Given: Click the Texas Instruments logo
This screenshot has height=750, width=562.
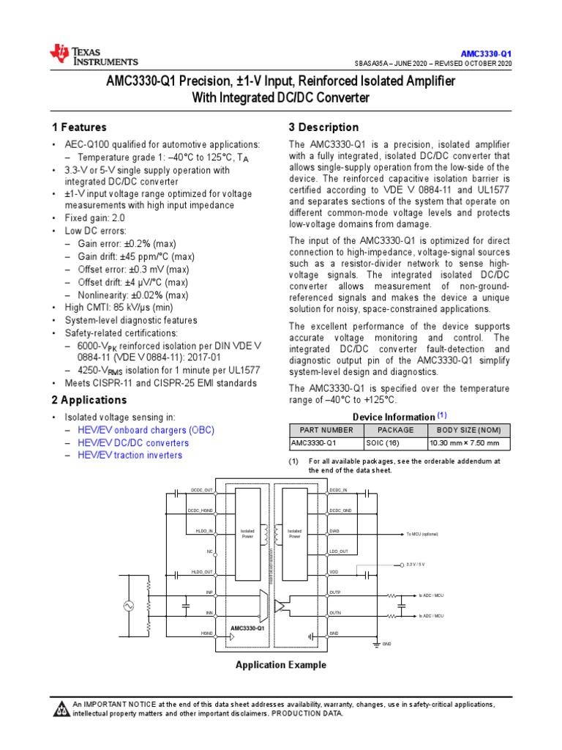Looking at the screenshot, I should click(x=93, y=54).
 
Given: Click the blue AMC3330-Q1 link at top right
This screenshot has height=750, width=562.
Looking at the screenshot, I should click(x=486, y=54).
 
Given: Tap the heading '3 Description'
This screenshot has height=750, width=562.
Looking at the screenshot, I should click(x=323, y=127).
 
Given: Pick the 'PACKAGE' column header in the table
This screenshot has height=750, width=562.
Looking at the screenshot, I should click(x=395, y=430).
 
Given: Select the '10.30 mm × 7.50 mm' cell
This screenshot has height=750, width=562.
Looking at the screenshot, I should click(x=465, y=443).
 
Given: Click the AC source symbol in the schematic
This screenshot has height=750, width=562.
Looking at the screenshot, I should click(x=132, y=606).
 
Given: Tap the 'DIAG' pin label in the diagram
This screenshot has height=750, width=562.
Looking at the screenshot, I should click(x=334, y=530).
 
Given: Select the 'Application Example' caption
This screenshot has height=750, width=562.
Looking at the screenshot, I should click(x=280, y=665).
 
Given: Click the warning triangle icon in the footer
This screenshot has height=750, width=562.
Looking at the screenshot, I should click(x=59, y=710).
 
